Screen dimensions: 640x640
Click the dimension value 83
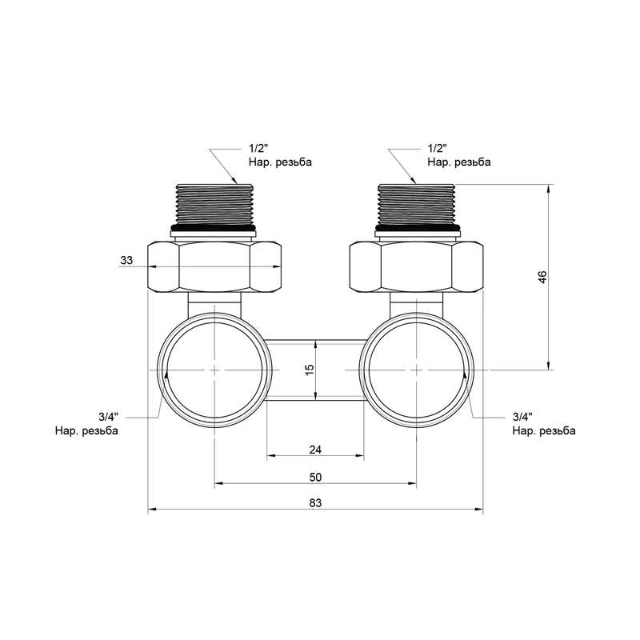click(314, 503)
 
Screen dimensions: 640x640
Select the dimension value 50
click(314, 477)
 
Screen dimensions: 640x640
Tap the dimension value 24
click(314, 450)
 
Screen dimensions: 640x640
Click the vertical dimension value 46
click(542, 278)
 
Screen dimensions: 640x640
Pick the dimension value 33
click(126, 261)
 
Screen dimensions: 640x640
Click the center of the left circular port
click(214, 370)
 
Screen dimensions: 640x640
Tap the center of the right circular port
click(417, 370)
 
